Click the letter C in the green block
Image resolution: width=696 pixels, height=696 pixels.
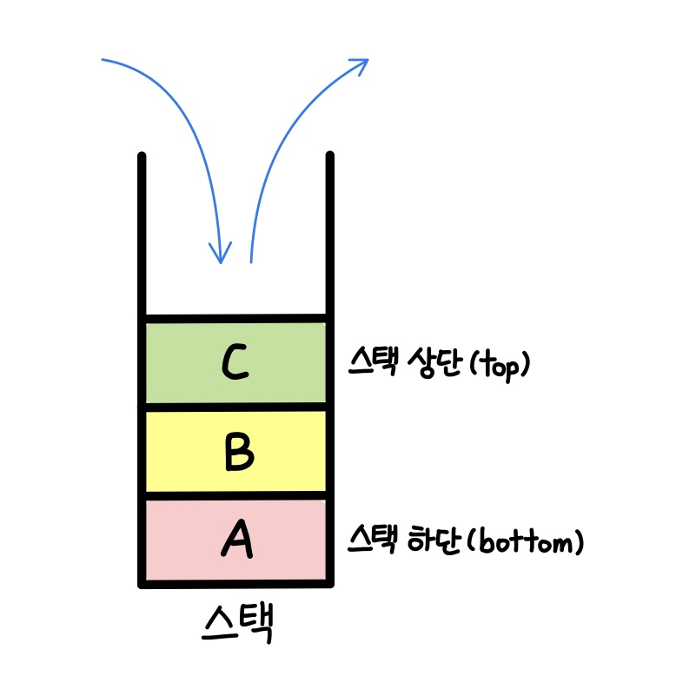click(x=235, y=362)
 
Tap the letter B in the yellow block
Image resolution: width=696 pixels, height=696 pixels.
click(x=236, y=452)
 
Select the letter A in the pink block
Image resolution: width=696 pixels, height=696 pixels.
click(x=236, y=540)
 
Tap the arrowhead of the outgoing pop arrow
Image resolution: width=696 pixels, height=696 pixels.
click(x=361, y=63)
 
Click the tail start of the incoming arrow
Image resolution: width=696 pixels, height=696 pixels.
click(x=103, y=60)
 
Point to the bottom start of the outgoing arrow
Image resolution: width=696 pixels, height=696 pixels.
click(x=250, y=260)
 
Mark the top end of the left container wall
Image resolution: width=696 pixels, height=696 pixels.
click(x=142, y=157)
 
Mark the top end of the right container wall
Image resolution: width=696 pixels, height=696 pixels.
click(x=330, y=156)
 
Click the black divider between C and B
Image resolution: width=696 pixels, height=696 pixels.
click(x=235, y=406)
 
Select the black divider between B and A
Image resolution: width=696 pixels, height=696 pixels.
click(x=235, y=495)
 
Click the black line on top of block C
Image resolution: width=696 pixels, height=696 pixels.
click(x=235, y=318)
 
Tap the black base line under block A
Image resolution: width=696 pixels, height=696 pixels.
click(x=235, y=584)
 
